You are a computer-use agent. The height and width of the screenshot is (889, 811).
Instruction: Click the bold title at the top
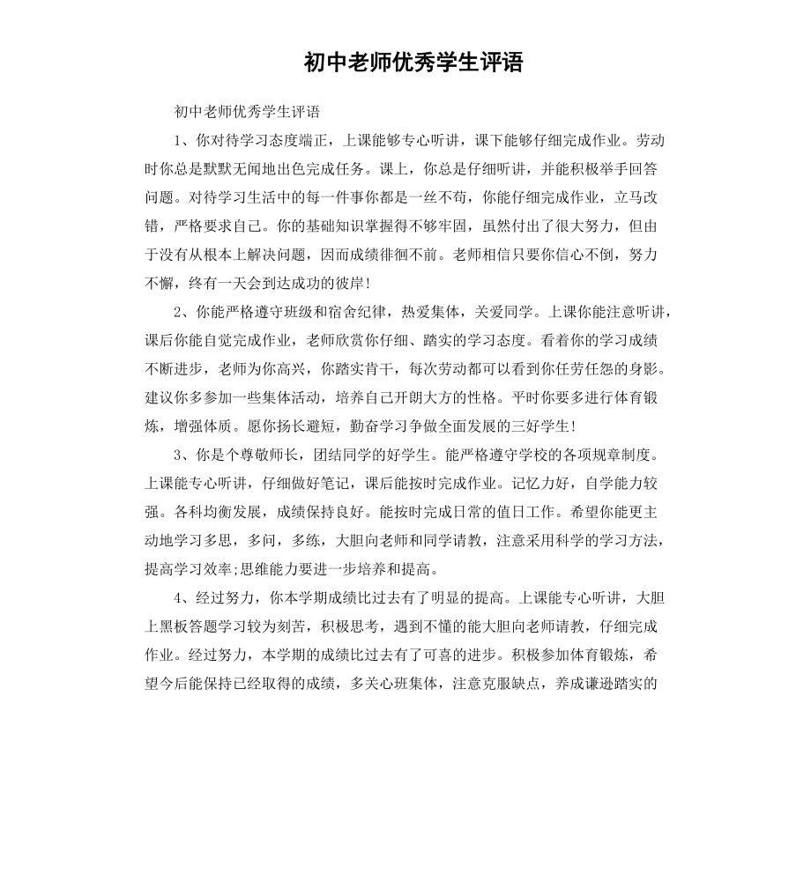pyautogui.click(x=413, y=63)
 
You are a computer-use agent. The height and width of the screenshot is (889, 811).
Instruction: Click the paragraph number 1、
pyautogui.click(x=182, y=140)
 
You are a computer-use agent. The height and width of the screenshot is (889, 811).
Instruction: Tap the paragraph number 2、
pyautogui.click(x=182, y=311)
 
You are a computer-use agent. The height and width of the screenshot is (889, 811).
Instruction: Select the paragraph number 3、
pyautogui.click(x=182, y=456)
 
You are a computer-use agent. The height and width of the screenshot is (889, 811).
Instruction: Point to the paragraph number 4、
pyautogui.click(x=182, y=598)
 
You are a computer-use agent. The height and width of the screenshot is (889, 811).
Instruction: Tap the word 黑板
pyautogui.click(x=174, y=626)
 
